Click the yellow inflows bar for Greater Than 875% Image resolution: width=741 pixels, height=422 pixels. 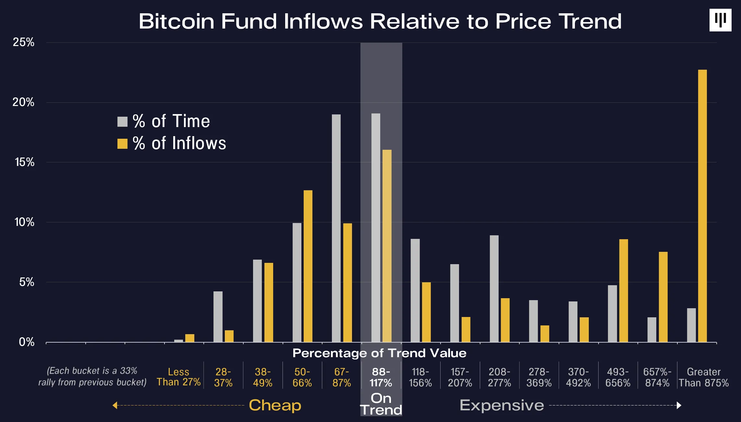click(x=702, y=206)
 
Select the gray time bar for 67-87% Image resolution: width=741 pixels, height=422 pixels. click(x=336, y=228)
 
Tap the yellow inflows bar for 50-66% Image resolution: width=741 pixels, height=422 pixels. click(x=308, y=266)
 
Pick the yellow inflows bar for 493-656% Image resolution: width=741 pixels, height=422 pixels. click(x=624, y=291)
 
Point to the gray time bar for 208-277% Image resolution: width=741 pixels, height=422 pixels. click(x=494, y=289)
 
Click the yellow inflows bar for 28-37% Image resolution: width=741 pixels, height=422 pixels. click(x=229, y=336)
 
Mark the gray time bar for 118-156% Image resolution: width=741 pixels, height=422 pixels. click(x=415, y=290)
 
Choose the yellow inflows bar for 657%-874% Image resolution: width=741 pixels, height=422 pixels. click(x=663, y=297)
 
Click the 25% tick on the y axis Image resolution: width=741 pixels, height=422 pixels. click(x=23, y=42)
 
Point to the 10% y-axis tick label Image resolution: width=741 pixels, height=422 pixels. click(x=24, y=222)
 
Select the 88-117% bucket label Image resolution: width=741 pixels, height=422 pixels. click(x=381, y=377)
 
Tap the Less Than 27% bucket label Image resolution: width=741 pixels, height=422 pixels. click(x=178, y=377)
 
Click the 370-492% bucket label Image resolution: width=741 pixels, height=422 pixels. click(x=578, y=377)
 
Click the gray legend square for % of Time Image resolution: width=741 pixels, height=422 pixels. click(x=122, y=122)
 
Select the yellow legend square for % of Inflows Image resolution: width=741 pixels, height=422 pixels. click(x=122, y=144)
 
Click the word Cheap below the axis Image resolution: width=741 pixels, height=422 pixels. click(x=275, y=405)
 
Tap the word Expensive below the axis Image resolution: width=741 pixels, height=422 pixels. click(x=502, y=405)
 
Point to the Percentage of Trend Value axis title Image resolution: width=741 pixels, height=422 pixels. click(x=380, y=353)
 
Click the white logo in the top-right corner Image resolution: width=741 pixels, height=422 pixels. click(x=721, y=20)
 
